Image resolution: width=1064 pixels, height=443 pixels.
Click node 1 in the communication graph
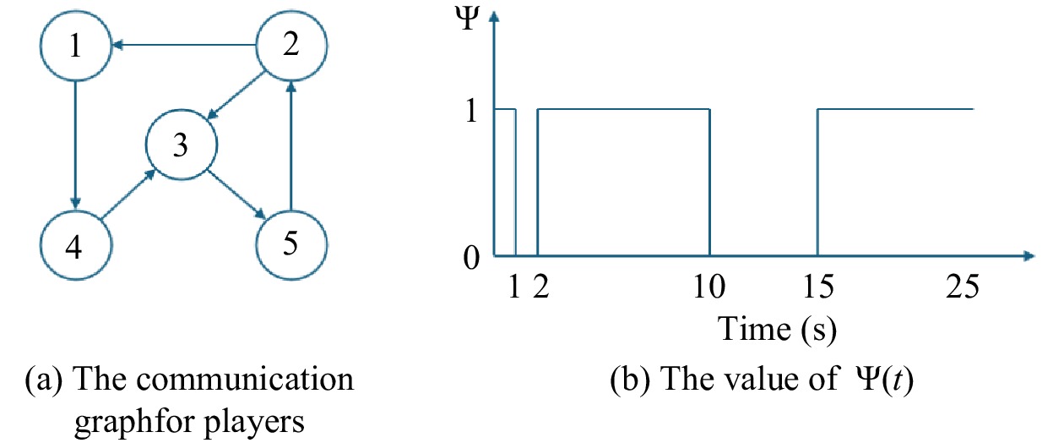77,46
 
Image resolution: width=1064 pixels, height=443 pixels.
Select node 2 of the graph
291,46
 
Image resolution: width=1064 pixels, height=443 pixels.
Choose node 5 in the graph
291,244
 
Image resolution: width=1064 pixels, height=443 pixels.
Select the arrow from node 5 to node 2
291,145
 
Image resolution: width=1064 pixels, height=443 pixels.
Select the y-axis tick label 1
471,110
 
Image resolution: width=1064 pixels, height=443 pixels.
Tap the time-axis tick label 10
708,288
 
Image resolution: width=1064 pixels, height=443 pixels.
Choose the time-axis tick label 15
817,288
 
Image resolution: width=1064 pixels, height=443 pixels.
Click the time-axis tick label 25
961,288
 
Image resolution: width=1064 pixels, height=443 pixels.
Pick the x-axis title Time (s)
777,328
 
